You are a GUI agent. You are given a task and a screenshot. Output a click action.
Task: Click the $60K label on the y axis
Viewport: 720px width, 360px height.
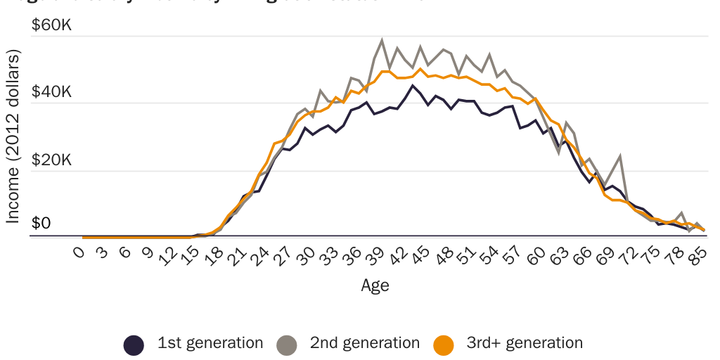coord(51,25)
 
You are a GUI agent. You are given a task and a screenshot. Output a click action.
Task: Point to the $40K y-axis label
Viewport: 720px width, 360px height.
coord(51,92)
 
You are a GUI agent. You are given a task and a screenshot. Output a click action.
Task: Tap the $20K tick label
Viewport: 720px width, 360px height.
coord(51,160)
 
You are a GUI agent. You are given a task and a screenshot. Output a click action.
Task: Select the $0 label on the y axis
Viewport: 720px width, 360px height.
coord(41,224)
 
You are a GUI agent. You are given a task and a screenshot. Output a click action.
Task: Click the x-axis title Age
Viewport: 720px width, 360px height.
coord(375,285)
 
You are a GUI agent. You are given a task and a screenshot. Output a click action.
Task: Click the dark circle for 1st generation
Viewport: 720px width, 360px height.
coord(134,345)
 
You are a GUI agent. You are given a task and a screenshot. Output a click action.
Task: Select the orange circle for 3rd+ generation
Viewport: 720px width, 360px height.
coord(443,345)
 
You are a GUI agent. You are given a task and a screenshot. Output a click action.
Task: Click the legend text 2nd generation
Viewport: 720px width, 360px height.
coord(364,343)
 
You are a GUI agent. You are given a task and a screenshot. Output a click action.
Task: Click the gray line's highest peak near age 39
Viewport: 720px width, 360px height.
coord(382,41)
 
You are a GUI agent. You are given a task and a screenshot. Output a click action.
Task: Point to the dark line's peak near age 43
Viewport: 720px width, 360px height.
coord(413,86)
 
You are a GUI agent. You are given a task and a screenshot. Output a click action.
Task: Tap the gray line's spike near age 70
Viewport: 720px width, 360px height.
coord(620,157)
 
